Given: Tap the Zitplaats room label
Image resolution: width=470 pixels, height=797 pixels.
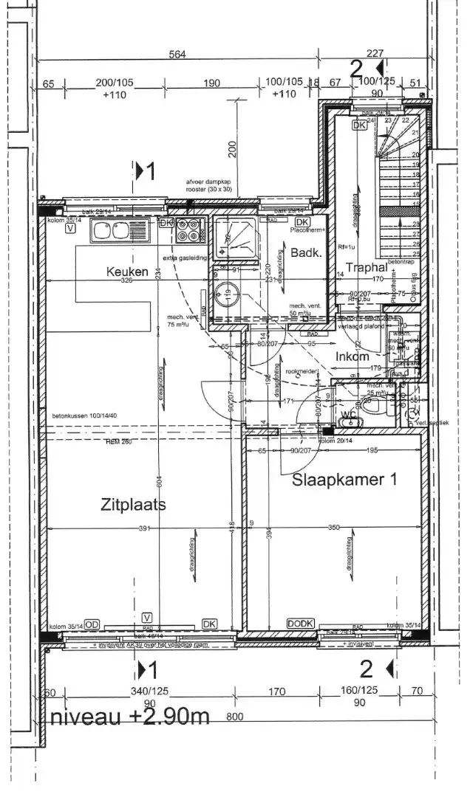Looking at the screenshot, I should pyautogui.click(x=133, y=505).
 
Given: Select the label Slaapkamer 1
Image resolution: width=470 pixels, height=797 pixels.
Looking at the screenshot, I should pyautogui.click(x=344, y=480).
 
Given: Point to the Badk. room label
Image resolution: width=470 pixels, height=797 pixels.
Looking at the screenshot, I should pyautogui.click(x=304, y=253).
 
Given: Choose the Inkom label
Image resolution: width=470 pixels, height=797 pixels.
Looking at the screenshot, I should pyautogui.click(x=352, y=356).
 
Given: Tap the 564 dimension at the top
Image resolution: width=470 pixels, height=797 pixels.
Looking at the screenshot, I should pyautogui.click(x=176, y=54).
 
